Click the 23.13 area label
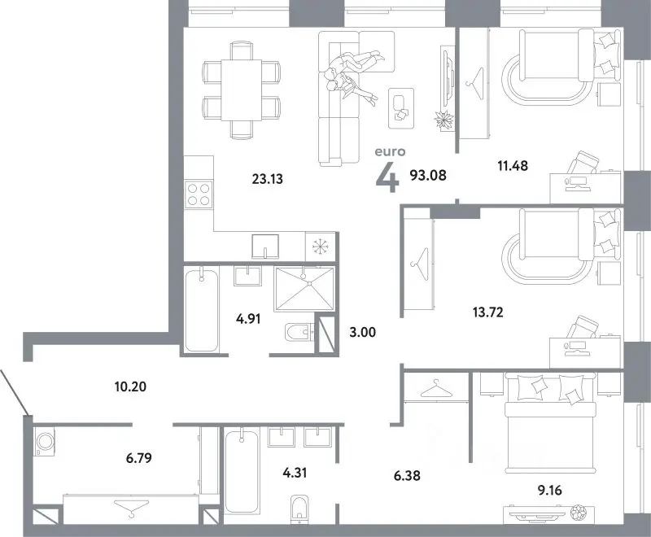pyautogui.click(x=268, y=179)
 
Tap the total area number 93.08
pyautogui.click(x=428, y=176)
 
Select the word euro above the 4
pyautogui.click(x=390, y=152)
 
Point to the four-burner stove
pyautogui.click(x=199, y=194)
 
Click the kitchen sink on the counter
pyautogui.click(x=265, y=246)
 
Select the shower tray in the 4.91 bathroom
pyautogui.click(x=304, y=289)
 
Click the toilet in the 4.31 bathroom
pyautogui.click(x=299, y=507)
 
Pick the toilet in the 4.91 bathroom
pyautogui.click(x=299, y=331)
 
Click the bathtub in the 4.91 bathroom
pyautogui.click(x=202, y=310)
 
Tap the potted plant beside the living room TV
pyautogui.click(x=443, y=120)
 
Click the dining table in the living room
pyautogui.click(x=241, y=89)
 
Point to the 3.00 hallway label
pyautogui.click(x=362, y=332)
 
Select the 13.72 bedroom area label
pyautogui.click(x=487, y=312)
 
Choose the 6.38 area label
pyautogui.click(x=407, y=475)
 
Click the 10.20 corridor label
pyautogui.click(x=130, y=386)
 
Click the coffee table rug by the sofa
pyautogui.click(x=401, y=108)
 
